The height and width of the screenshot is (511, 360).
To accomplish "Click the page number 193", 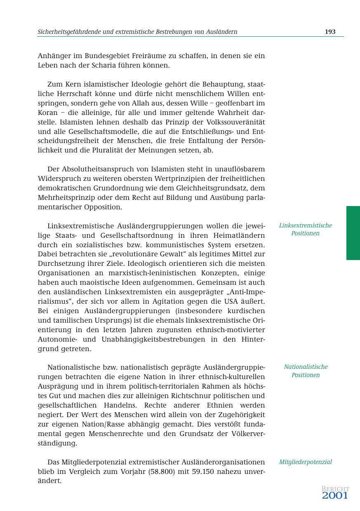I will point(330,32).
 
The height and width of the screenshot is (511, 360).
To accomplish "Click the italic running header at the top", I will point(137,32).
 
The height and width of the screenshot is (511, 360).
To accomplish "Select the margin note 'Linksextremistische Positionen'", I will point(305,229).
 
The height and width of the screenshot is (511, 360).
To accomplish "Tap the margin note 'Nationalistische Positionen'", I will point(306,371).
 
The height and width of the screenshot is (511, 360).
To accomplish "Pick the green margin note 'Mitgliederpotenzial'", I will point(305,462).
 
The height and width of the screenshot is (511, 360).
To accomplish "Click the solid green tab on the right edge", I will point(353,233).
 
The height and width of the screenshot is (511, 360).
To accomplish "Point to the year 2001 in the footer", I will point(335,496).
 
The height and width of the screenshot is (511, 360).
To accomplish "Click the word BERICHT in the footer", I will point(335,489).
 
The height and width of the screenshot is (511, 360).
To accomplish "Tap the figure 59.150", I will point(203,471).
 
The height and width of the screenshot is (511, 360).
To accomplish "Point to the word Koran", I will point(48,113).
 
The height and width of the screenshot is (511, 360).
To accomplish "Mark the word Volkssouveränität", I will point(230,122).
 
